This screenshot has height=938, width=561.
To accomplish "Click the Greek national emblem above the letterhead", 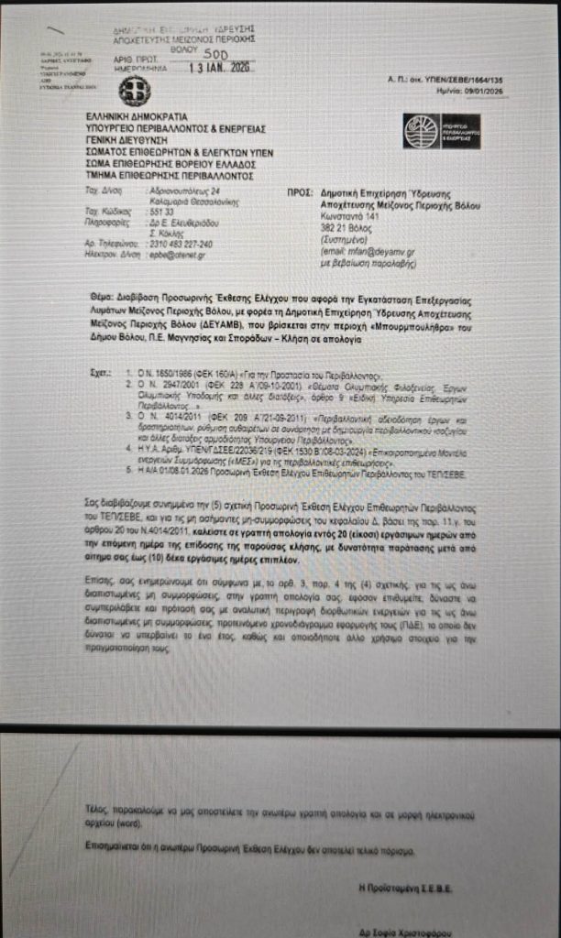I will coord(134,90).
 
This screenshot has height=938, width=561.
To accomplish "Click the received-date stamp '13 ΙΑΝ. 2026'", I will coord(218,67).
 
